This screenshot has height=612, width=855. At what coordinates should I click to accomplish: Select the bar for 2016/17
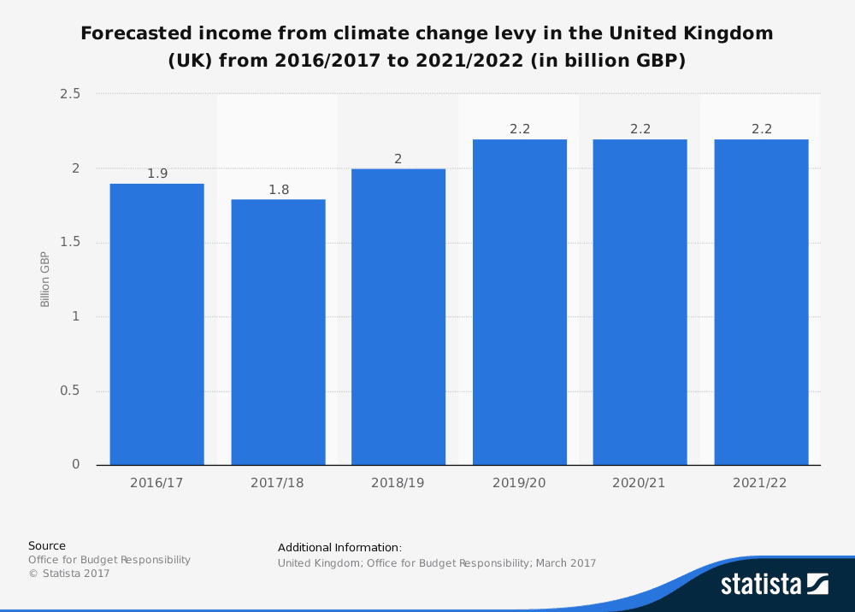(x=156, y=324)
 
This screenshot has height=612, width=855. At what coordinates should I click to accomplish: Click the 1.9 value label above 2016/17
(x=157, y=174)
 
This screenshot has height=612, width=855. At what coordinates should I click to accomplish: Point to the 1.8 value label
(x=279, y=190)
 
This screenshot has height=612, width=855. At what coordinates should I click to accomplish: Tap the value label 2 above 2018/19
(x=398, y=159)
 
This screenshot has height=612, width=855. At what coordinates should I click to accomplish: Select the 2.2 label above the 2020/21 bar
(x=640, y=129)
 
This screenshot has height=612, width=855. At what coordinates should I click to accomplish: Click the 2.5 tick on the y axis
(x=70, y=94)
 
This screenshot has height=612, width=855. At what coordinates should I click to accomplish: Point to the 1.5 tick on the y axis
(x=70, y=243)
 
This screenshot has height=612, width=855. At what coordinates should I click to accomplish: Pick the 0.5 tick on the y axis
(x=70, y=391)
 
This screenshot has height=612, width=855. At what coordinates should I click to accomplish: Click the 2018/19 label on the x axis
(x=398, y=483)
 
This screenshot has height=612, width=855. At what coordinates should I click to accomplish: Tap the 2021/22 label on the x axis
(x=761, y=483)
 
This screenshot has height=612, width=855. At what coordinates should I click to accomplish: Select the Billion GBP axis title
(x=45, y=280)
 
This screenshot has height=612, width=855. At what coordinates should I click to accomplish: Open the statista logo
(x=775, y=585)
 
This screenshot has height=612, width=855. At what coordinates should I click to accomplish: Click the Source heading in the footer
(x=47, y=545)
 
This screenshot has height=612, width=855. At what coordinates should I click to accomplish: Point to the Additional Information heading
(x=339, y=547)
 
